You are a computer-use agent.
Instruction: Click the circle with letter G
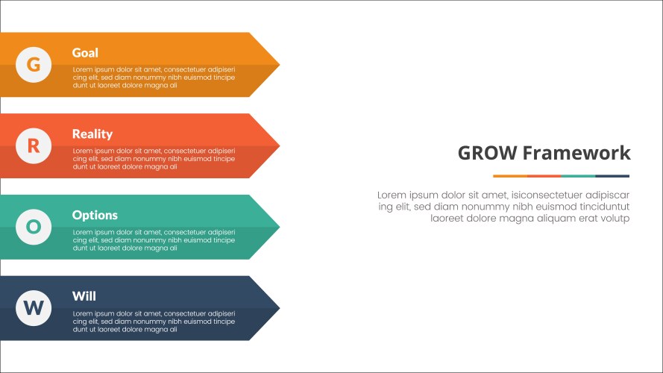(x=34, y=65)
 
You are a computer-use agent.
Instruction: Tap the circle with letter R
(x=34, y=145)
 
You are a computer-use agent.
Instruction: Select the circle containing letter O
(x=34, y=227)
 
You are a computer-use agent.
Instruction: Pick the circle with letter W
(x=34, y=307)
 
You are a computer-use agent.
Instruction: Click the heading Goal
(x=85, y=53)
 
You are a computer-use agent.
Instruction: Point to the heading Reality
(x=92, y=134)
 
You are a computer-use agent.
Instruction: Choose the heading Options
(x=95, y=215)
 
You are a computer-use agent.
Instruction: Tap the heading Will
(x=84, y=296)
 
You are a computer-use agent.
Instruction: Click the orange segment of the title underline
(x=510, y=176)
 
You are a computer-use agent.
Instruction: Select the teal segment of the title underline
(x=578, y=176)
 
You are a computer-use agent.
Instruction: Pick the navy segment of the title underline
(x=612, y=176)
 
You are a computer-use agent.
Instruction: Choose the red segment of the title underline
(x=544, y=176)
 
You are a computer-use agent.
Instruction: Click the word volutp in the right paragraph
(x=613, y=219)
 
